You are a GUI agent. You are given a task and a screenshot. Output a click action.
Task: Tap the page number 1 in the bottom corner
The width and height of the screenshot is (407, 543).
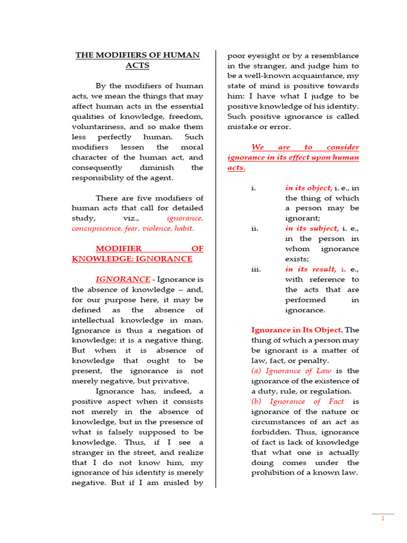[383, 519]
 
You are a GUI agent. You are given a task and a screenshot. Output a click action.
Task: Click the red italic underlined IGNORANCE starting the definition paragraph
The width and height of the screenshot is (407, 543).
[122, 279]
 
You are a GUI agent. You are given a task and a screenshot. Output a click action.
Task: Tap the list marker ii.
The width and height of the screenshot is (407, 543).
[255, 229]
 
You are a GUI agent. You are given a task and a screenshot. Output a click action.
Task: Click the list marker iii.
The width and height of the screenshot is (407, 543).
[256, 269]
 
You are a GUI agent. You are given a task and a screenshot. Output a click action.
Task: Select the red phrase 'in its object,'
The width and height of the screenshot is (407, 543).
[309, 188]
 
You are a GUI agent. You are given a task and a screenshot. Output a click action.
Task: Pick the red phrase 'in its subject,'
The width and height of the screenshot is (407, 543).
[312, 229]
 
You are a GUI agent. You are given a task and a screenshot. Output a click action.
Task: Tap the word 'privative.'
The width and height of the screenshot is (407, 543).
[169, 381]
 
